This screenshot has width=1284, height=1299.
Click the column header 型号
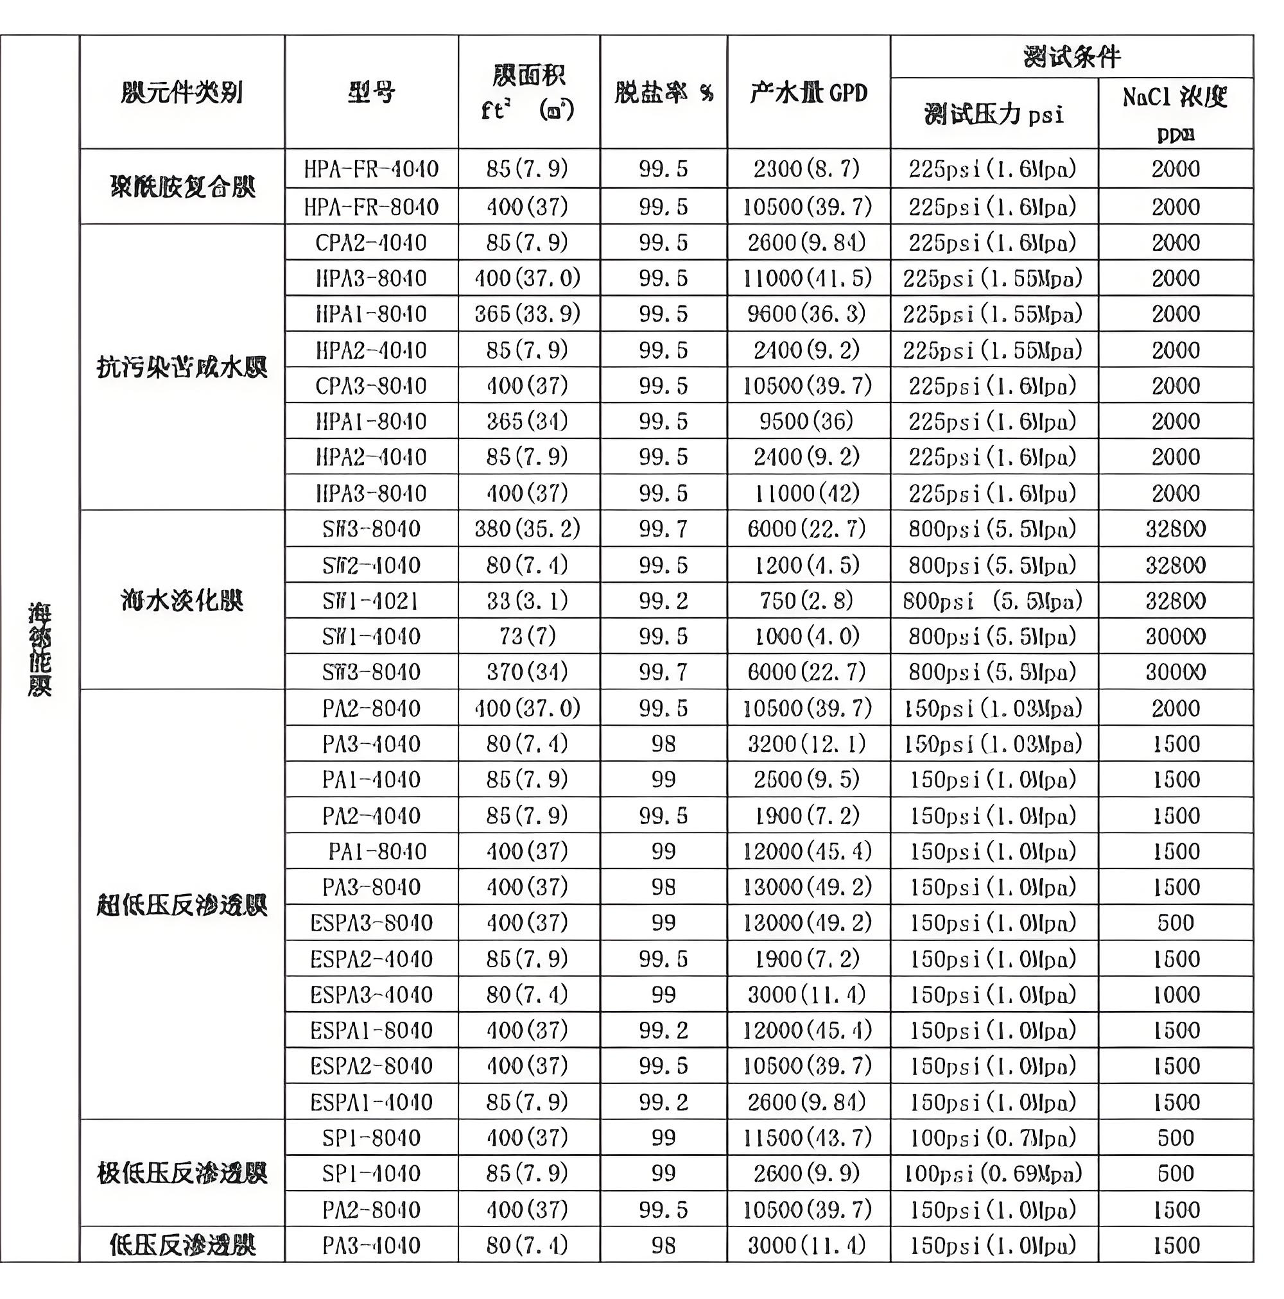point(370,92)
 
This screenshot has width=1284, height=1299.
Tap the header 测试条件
point(1071,56)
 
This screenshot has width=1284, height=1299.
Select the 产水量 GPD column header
point(808,92)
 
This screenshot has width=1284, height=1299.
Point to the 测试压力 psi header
point(993,114)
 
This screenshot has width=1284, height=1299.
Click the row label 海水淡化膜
point(182,599)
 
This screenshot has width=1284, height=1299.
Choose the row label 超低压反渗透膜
point(182,905)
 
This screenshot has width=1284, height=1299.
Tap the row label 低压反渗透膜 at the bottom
point(182,1245)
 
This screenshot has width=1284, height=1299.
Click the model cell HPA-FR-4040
point(370,168)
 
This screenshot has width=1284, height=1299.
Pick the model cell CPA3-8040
point(370,386)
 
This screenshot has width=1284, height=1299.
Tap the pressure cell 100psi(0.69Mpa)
point(993,1173)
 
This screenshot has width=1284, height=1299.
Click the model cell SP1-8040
point(370,1138)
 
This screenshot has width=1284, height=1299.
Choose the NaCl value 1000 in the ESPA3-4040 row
point(1175,994)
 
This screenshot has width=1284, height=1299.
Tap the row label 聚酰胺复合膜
point(182,186)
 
